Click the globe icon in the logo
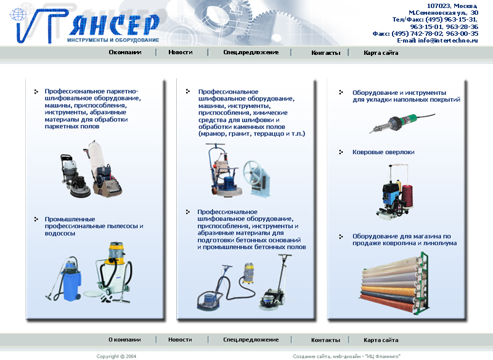coord(18,14)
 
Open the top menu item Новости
coord(181,52)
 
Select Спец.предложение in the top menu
coord(251,52)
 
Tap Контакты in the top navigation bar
coord(326,53)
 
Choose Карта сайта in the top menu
coord(381,53)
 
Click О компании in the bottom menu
coord(124,340)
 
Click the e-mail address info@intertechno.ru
coord(448,41)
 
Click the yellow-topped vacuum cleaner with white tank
coord(115,272)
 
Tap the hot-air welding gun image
coord(402,123)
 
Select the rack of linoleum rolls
coord(394,284)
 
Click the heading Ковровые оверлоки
coord(383,152)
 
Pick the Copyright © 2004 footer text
coord(116,356)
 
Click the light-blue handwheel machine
coord(258,178)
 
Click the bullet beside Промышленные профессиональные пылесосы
coord(36,219)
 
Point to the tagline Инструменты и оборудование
coord(113,40)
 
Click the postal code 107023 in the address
coord(438,6)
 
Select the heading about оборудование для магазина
coord(404,240)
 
